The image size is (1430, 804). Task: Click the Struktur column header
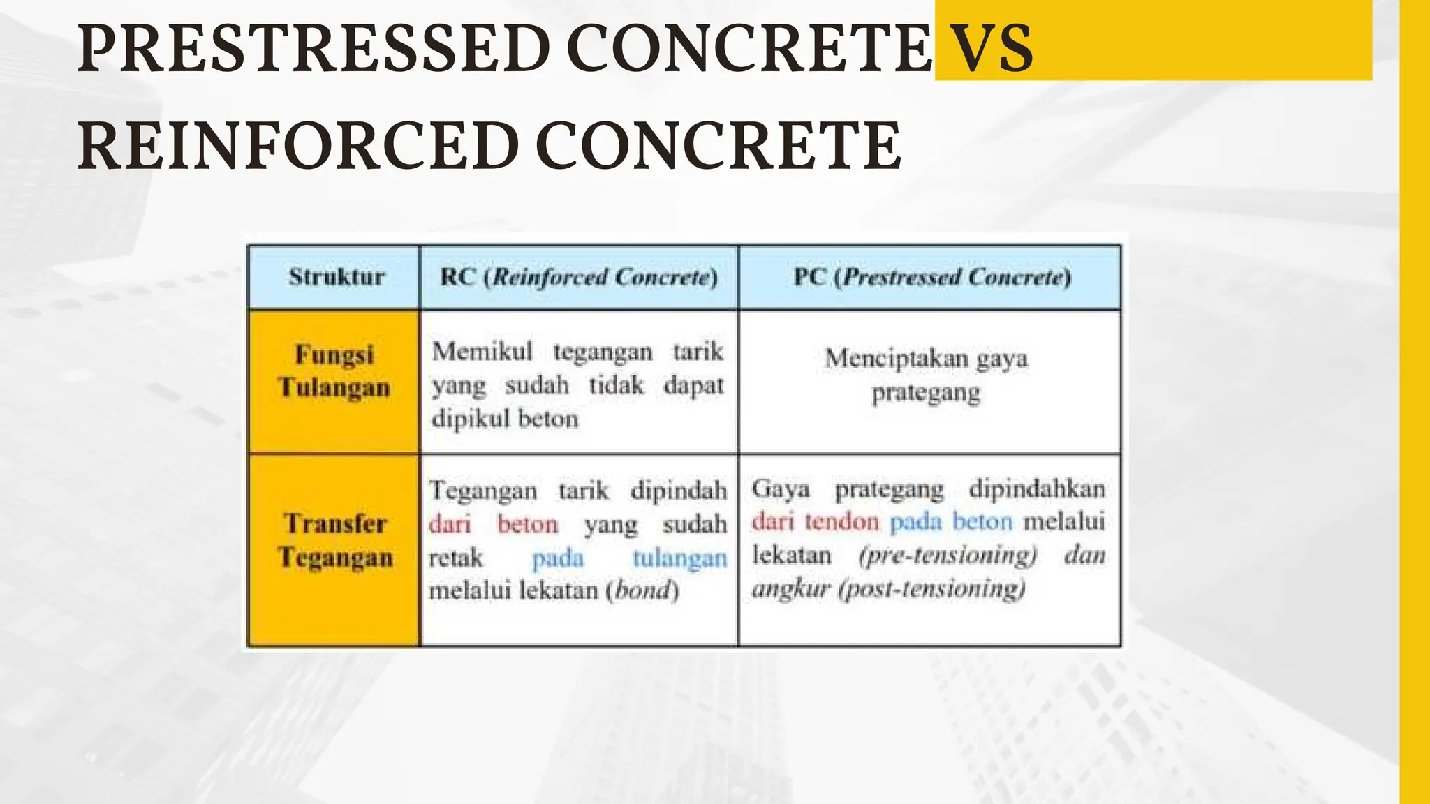[x=336, y=277]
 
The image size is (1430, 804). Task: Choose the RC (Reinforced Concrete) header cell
[x=579, y=277]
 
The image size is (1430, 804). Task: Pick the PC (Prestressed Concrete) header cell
[x=931, y=277]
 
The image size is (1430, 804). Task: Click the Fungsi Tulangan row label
[x=334, y=371]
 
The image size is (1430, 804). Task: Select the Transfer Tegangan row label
[x=335, y=540]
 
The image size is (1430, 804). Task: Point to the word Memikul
[x=482, y=351]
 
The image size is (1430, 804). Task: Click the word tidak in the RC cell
[x=616, y=385]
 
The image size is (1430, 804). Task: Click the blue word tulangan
[x=679, y=558]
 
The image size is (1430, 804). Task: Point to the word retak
[x=455, y=558]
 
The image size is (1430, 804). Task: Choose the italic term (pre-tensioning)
[x=948, y=555]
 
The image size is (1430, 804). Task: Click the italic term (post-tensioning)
[x=931, y=588]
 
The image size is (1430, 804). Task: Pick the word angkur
[x=790, y=588]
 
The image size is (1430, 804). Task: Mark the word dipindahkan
[x=1037, y=488]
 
